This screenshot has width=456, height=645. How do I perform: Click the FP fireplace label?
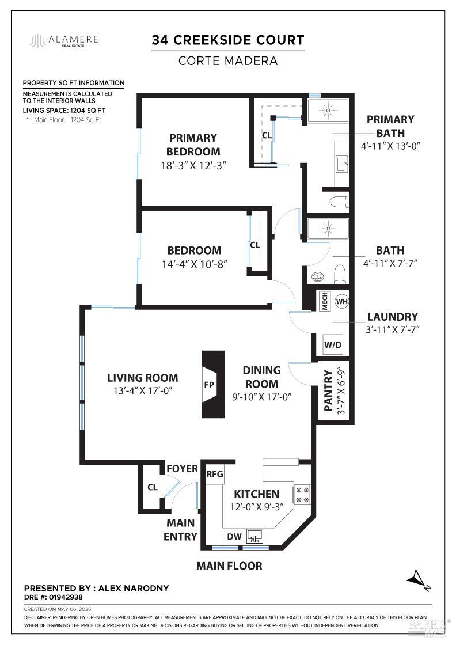coord(209,384)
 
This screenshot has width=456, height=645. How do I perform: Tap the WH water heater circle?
coord(342,301)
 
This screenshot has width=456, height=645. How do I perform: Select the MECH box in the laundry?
coord(324,302)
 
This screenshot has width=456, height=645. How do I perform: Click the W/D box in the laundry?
coord(333,345)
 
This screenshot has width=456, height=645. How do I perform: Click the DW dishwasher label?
coord(234,537)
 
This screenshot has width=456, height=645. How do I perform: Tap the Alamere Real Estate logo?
coord(64,40)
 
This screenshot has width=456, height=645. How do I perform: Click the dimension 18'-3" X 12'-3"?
coord(193,165)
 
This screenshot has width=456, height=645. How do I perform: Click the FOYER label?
coord(182,469)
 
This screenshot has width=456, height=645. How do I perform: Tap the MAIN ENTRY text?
coord(181,530)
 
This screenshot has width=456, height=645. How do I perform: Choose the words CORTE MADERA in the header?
coord(228,60)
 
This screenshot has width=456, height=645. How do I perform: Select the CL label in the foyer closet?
coord(152,487)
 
